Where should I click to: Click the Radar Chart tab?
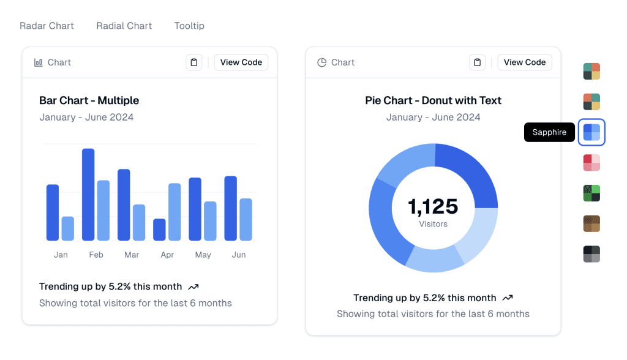(x=47, y=26)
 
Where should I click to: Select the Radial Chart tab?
(x=124, y=26)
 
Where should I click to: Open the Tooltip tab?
(x=189, y=26)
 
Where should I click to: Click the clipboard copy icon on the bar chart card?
(x=194, y=62)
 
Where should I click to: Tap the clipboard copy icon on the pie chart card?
(x=478, y=62)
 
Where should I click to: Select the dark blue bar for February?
(x=88, y=194)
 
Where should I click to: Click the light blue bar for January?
(x=67, y=228)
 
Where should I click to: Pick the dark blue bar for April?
(x=159, y=230)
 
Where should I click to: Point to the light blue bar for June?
(x=246, y=219)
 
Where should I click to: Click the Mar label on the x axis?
(x=132, y=255)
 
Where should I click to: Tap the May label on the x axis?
(x=203, y=255)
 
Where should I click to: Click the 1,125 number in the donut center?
(x=433, y=206)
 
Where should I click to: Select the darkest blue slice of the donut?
(x=470, y=174)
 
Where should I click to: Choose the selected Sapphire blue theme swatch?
(x=591, y=132)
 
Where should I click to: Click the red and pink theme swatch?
(x=591, y=163)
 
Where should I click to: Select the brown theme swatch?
(x=591, y=223)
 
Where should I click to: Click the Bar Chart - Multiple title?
(x=89, y=100)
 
